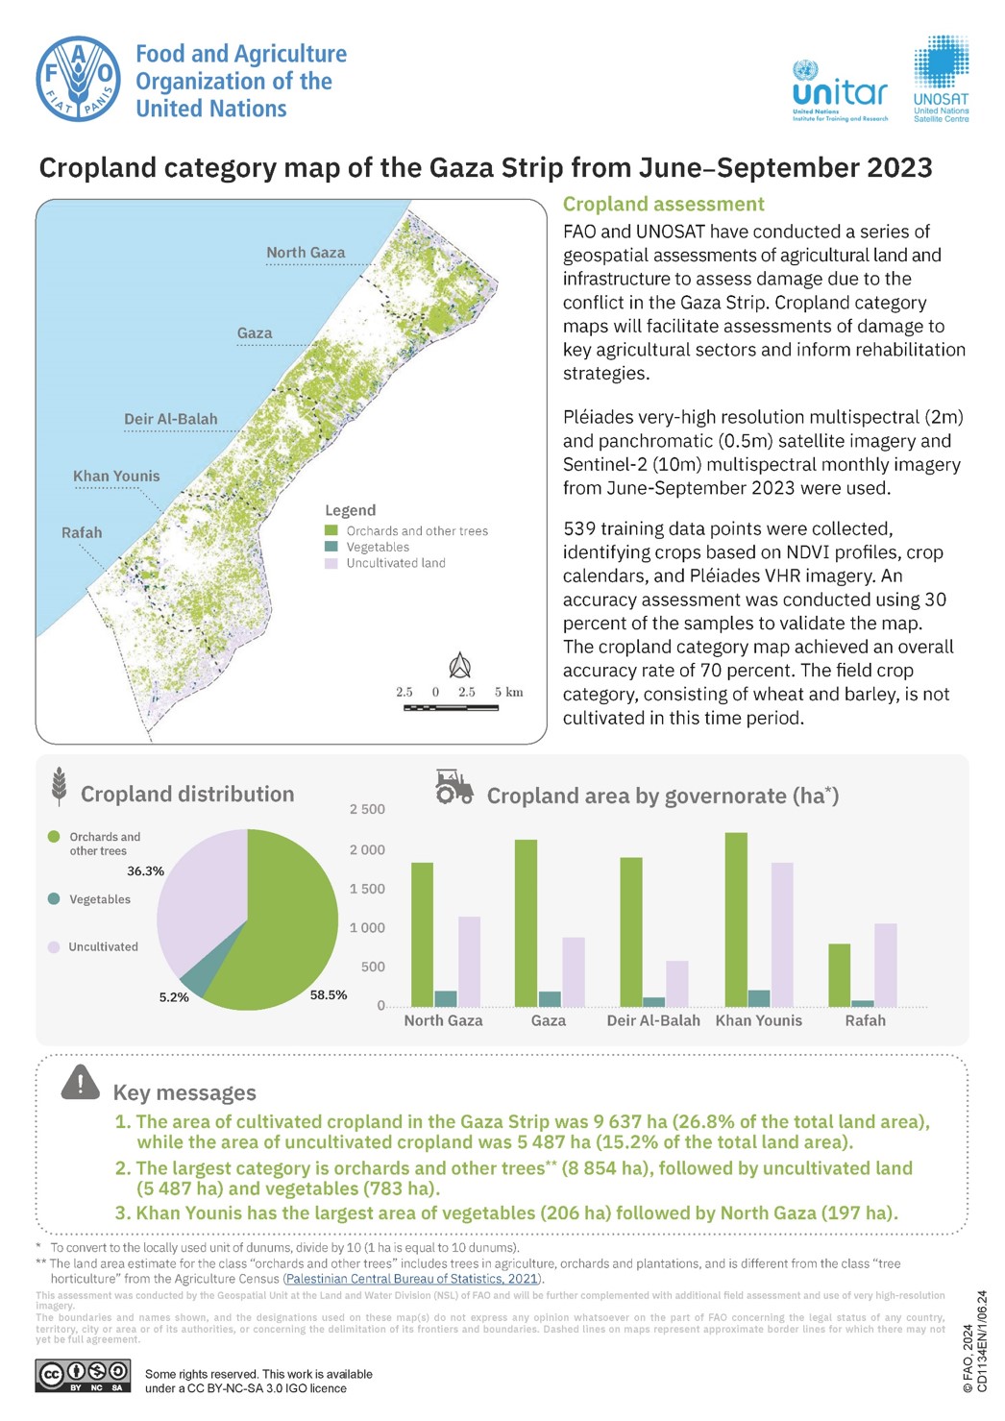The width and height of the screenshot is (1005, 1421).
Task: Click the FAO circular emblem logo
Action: (79, 79)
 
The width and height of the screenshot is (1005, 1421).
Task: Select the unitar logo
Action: (840, 92)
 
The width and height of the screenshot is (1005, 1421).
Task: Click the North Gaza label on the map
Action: (306, 253)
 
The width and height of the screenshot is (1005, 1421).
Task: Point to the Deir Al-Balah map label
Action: (171, 419)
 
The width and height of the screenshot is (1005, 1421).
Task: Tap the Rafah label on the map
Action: (82, 532)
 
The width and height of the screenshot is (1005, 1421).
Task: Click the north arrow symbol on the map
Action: (460, 665)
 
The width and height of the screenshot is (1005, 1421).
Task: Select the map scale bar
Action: (452, 707)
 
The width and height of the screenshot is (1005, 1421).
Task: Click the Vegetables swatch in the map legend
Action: (331, 547)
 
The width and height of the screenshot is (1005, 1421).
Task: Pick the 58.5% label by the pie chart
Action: (329, 995)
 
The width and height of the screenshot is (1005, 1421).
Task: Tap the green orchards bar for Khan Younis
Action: (736, 919)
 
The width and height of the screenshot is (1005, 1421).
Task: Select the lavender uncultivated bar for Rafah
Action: (885, 965)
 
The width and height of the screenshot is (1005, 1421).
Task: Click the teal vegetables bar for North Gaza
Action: (446, 998)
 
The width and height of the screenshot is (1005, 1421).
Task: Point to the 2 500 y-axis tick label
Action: (367, 810)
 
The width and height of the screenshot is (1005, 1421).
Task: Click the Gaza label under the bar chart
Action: (549, 1020)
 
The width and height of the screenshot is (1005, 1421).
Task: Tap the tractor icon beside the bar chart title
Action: (453, 787)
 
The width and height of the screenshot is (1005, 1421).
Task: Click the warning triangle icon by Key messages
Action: (81, 1083)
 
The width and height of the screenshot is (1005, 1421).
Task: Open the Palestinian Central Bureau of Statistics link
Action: (412, 1279)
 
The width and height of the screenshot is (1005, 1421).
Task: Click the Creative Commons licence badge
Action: (83, 1376)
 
